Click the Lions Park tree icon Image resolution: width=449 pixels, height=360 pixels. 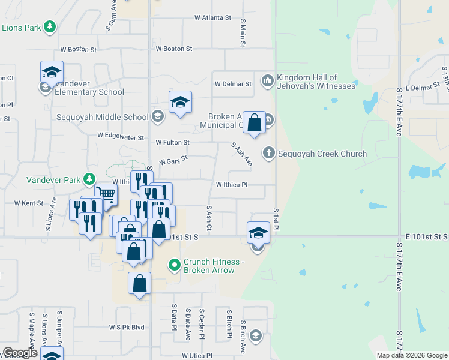50,28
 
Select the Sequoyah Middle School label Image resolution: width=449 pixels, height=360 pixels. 103,117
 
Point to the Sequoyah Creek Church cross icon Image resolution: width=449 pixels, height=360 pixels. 268,154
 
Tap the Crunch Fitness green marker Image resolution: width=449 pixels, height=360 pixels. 175,264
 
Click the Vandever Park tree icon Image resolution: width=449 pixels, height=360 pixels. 89,179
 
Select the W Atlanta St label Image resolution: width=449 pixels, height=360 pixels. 212,18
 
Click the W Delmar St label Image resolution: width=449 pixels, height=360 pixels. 233,84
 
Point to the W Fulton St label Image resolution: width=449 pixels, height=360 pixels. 172,143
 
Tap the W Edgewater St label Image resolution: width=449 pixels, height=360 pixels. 121,137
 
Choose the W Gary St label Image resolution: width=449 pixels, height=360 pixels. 173,160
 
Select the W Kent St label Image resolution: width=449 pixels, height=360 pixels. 29,203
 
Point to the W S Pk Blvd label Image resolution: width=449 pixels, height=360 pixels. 127,328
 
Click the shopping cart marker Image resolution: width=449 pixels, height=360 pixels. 105,194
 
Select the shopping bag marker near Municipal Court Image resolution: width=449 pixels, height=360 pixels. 255,123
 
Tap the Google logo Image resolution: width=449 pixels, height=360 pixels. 19,353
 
